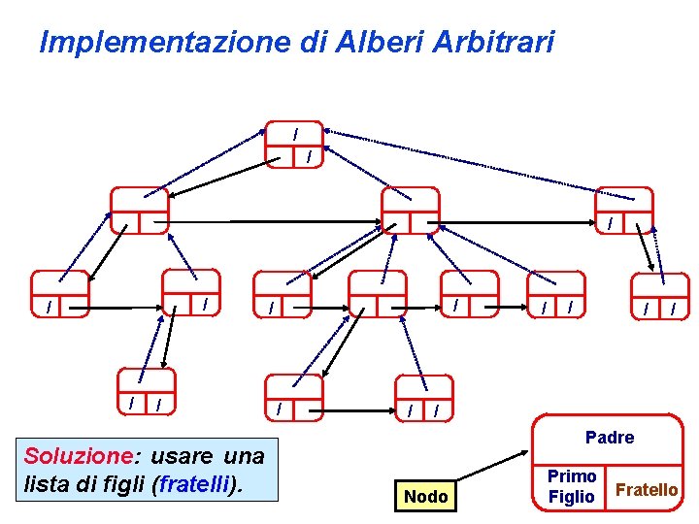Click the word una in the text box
(x=244, y=456)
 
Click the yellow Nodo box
(x=425, y=497)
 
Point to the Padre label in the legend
(x=610, y=438)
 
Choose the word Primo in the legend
(x=572, y=476)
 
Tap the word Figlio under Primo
(x=572, y=497)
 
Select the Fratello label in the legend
(x=647, y=490)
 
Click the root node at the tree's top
(x=294, y=145)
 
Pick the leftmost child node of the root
(x=139, y=211)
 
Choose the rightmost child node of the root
(x=623, y=211)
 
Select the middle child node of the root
(x=410, y=211)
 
